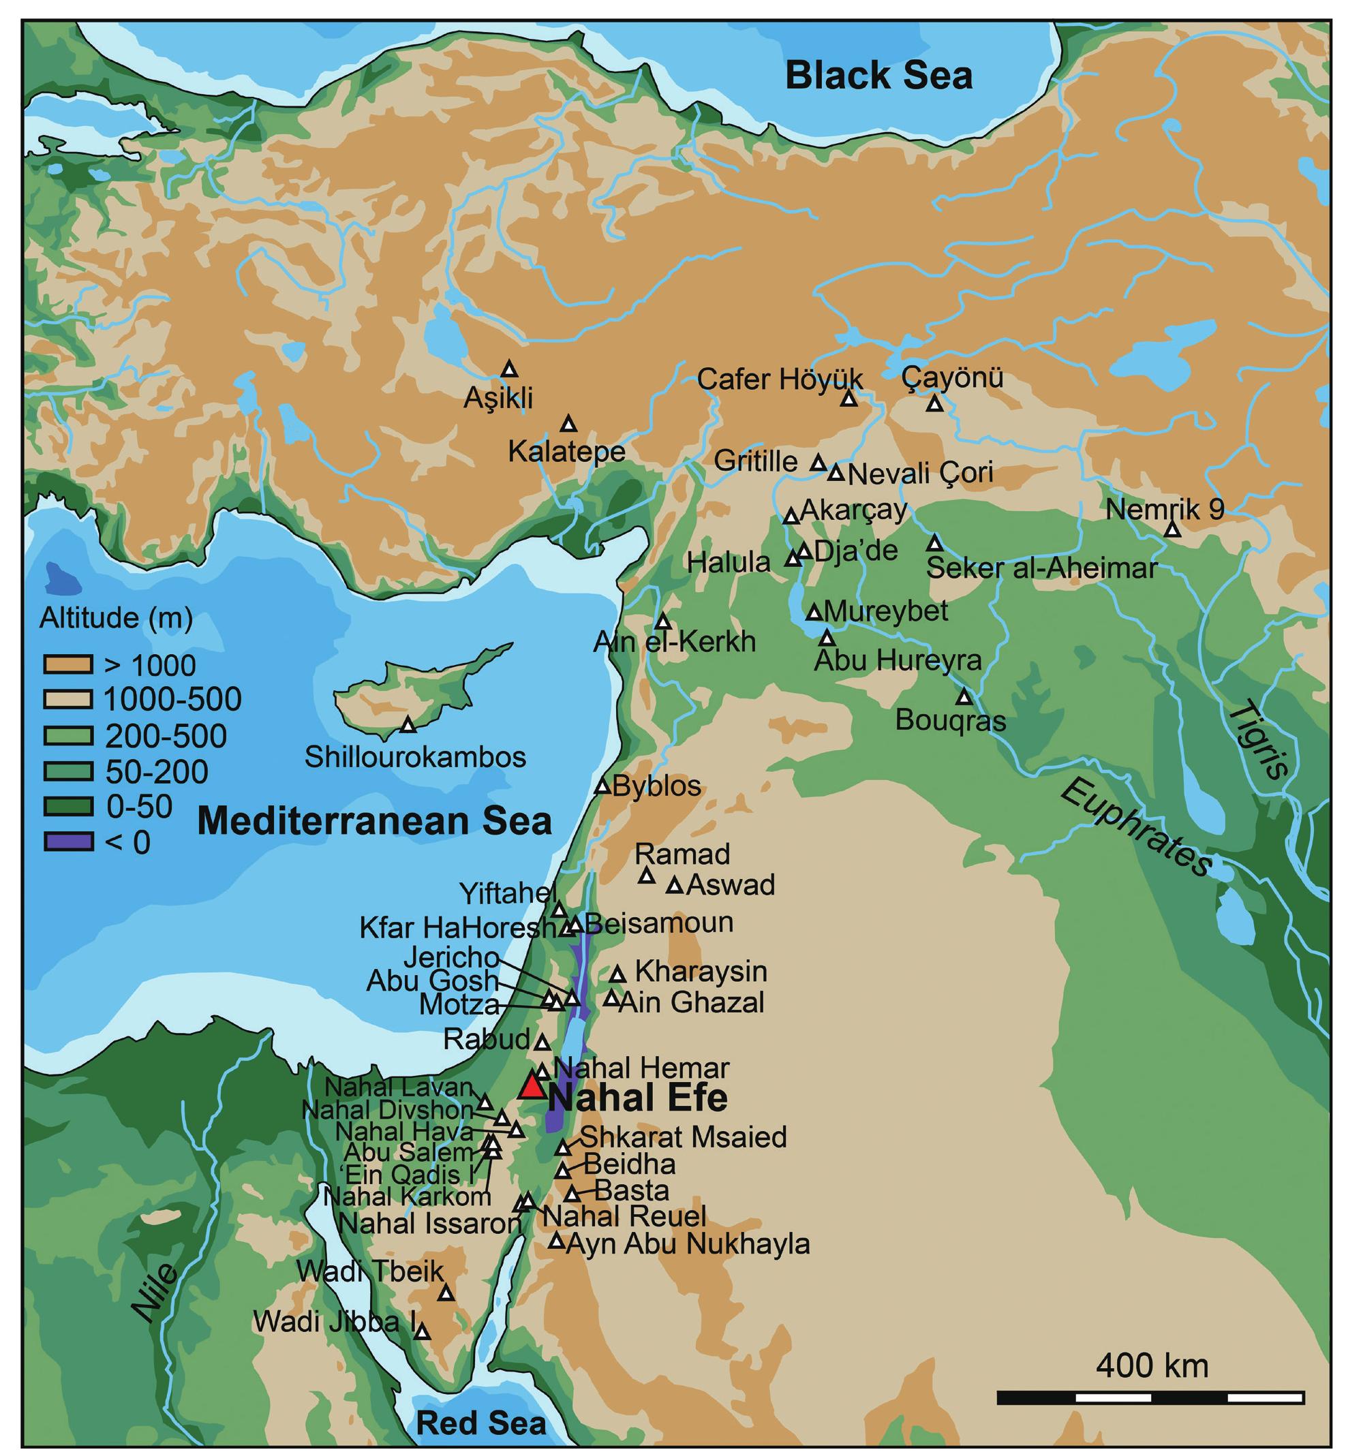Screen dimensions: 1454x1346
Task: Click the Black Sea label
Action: click(x=878, y=76)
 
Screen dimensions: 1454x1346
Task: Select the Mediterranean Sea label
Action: click(x=374, y=821)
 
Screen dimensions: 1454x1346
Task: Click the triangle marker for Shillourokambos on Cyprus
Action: click(x=408, y=725)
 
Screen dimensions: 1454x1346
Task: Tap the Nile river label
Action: click(x=155, y=1293)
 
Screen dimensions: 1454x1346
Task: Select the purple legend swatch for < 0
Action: click(x=67, y=841)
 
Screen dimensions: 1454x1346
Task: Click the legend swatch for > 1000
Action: click(x=67, y=665)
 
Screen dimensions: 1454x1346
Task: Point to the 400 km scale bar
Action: click(x=1150, y=1397)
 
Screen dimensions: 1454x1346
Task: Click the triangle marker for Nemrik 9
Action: click(x=1172, y=530)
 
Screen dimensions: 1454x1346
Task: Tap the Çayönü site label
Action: click(x=952, y=378)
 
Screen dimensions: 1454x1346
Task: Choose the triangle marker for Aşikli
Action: click(x=510, y=369)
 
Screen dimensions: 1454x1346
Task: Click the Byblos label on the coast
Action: click(x=657, y=786)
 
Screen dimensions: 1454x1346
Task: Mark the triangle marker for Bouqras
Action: click(x=964, y=697)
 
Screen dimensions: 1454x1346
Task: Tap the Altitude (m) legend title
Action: click(x=117, y=618)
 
